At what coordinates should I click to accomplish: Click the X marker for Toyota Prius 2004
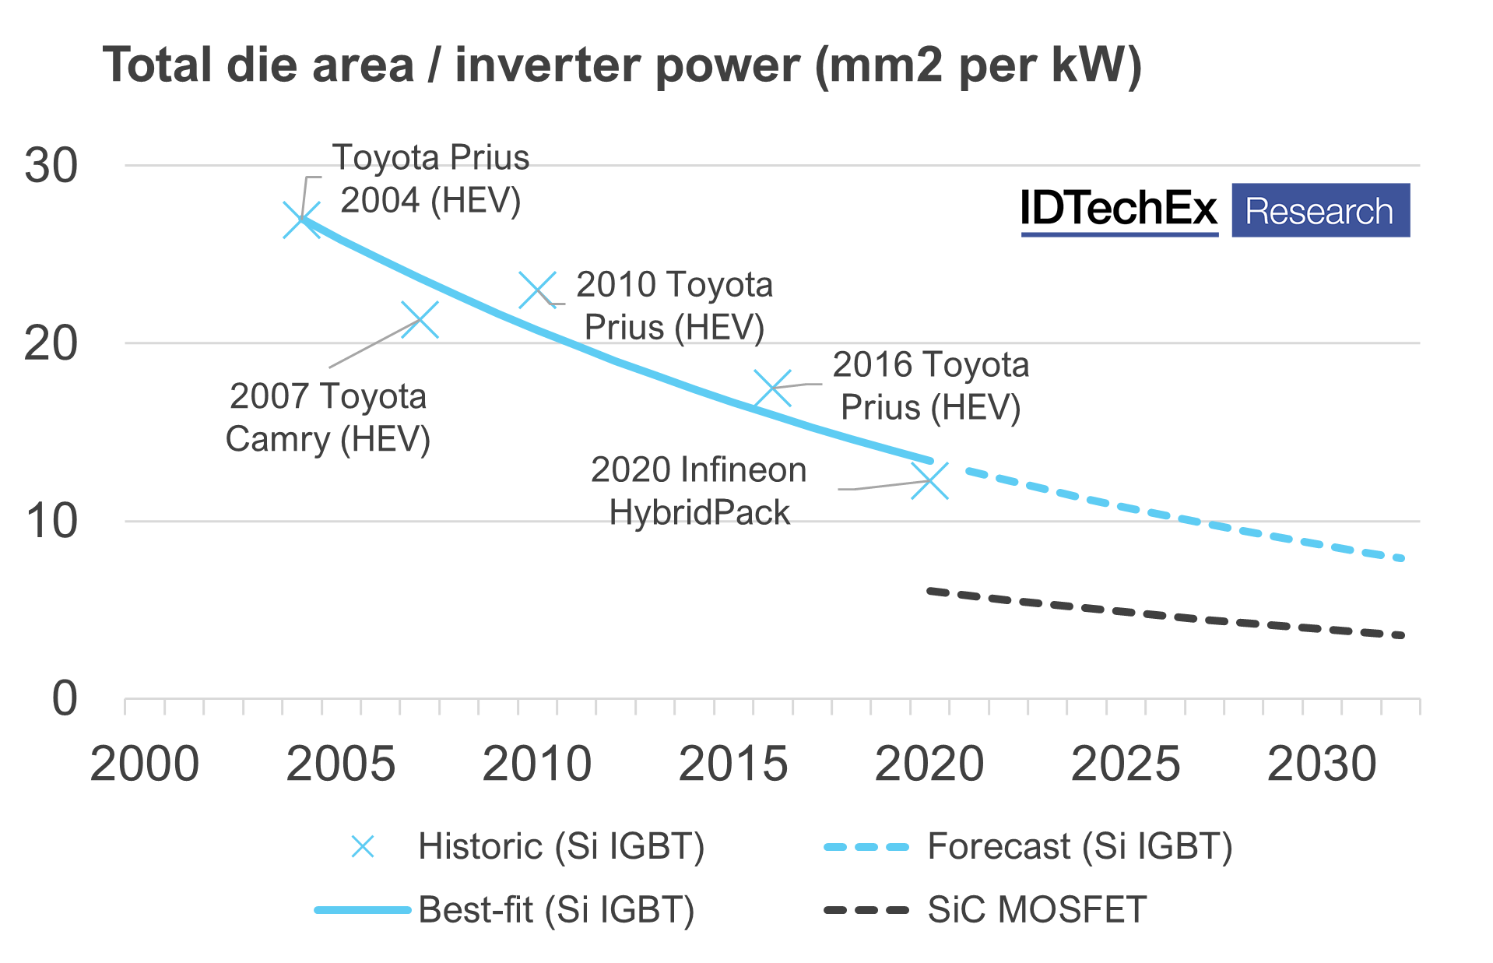[301, 220]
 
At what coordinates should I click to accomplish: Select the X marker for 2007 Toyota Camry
[420, 320]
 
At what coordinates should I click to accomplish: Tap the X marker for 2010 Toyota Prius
[538, 290]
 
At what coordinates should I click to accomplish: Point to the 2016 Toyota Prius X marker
[773, 388]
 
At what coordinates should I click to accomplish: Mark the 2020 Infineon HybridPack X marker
[929, 480]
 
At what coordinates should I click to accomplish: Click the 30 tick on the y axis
[51, 166]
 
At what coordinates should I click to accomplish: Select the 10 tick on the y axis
[51, 522]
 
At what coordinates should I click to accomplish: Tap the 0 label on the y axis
[65, 698]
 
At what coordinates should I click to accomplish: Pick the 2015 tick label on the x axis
[732, 764]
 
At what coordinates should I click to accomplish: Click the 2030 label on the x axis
[1321, 764]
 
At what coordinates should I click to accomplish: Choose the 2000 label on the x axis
[144, 764]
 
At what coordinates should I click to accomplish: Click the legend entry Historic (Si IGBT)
[560, 846]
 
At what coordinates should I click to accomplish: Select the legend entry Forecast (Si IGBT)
[1079, 846]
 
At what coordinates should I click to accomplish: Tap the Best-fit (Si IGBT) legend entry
[556, 910]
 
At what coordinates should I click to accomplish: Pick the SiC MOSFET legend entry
[1036, 910]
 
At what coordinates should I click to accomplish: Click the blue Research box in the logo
[1320, 211]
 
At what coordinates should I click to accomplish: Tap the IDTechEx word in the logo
[1119, 209]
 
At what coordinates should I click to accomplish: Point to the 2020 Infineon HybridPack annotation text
[698, 491]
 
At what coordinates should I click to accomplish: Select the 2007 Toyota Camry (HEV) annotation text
[328, 418]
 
